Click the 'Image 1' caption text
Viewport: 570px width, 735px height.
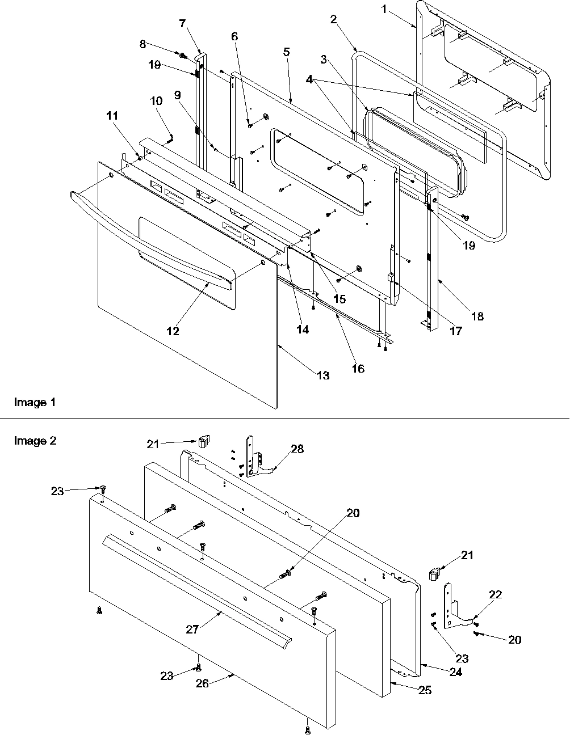[35, 403]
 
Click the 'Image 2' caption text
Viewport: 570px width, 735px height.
[35, 441]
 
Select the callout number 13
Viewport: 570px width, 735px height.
[322, 375]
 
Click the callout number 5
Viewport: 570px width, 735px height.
[286, 52]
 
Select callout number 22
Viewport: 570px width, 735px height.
[496, 594]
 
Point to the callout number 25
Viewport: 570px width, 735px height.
[425, 690]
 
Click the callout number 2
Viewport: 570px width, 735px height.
[333, 19]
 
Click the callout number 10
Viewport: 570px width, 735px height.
[156, 101]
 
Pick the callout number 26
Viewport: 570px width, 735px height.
[202, 684]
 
